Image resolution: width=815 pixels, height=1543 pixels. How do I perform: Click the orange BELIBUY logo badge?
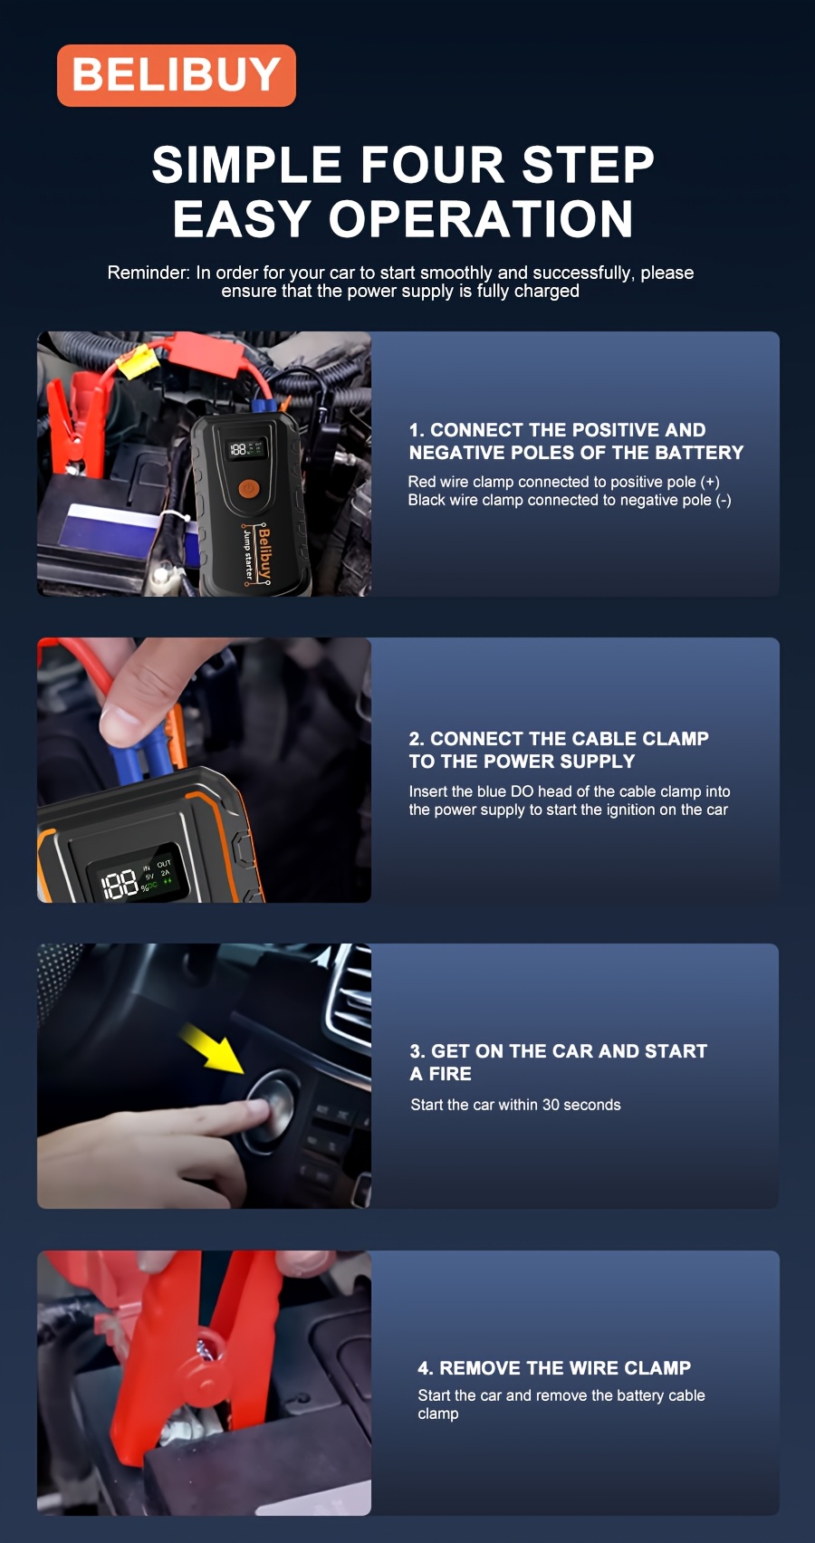177,75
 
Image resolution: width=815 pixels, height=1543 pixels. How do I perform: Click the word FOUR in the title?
433,165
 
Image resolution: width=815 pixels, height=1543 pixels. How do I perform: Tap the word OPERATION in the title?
481,219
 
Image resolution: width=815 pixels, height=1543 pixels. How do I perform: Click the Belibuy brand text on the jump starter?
264,554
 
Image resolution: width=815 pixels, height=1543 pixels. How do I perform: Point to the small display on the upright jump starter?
246,449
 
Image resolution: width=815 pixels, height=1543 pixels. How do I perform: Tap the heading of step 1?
576,441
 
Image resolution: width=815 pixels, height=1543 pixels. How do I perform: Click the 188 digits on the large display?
120,884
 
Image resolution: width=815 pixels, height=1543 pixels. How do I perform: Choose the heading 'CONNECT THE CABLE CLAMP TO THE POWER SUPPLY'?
559,750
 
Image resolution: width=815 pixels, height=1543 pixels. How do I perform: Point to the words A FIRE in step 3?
440,1074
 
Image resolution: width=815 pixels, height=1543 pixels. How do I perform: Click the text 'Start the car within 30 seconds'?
515,1105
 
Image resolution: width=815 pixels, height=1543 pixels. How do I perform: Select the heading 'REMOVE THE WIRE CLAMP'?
554,1367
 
